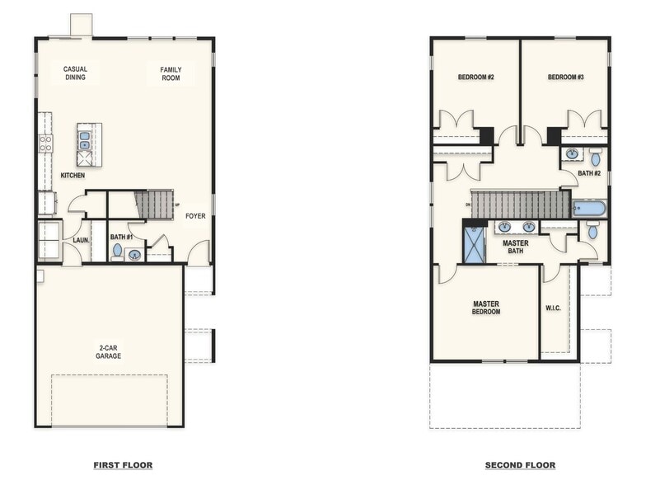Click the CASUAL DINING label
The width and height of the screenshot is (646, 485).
(76, 73)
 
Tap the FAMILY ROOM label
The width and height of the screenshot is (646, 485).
(171, 73)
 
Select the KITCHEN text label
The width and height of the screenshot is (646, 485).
(73, 176)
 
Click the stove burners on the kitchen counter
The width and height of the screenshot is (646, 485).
(46, 144)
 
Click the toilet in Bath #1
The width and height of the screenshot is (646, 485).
(117, 250)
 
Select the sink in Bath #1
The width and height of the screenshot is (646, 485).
(133, 255)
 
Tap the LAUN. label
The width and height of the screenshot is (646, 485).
(81, 240)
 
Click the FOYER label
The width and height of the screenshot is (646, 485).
(195, 217)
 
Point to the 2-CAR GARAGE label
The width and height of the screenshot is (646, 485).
(108, 351)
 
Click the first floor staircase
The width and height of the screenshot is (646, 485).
(153, 204)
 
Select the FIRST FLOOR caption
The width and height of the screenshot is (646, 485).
(123, 465)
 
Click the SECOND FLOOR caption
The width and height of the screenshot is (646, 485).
(520, 465)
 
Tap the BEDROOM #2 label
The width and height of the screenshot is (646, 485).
(475, 78)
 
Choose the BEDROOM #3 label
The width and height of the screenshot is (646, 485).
(565, 78)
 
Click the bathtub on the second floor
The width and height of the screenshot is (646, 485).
(589, 208)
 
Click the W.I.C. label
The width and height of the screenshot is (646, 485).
(554, 309)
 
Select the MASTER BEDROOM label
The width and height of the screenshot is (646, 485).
(486, 308)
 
